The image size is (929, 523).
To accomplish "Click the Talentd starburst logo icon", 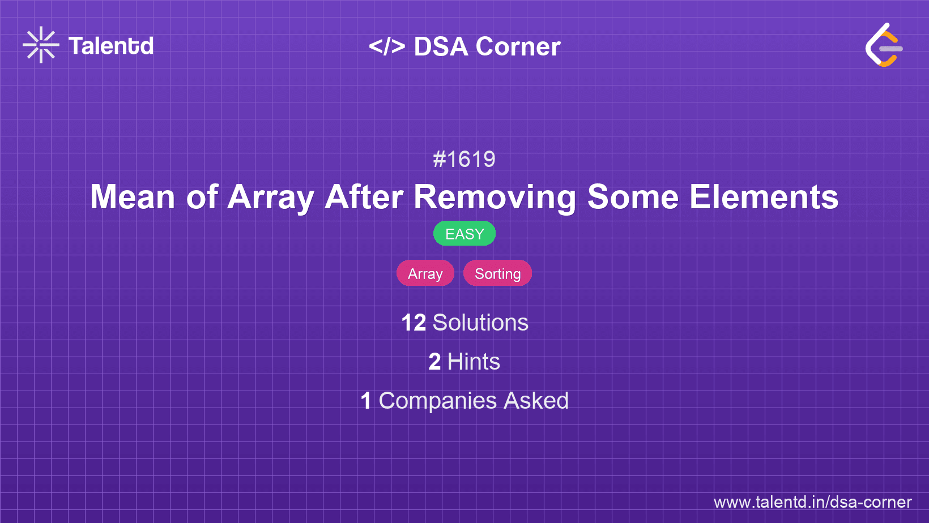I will (41, 45).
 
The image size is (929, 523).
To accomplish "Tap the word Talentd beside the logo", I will (111, 46).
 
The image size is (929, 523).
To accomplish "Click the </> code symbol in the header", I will (387, 46).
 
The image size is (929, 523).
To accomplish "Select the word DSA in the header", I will (441, 47).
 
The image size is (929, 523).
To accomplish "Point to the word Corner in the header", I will (518, 47).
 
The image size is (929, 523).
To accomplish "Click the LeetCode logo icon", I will (884, 45).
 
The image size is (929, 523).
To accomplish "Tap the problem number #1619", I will (464, 160).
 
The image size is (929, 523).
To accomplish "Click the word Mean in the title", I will (133, 197).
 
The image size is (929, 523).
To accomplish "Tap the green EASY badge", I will (464, 234).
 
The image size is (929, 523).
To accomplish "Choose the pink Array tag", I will (425, 273).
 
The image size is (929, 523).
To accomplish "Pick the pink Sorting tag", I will (497, 273).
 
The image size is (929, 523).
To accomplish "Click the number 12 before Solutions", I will (414, 323).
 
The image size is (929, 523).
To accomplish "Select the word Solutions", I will (480, 323).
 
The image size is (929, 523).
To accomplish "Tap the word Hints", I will (474, 362).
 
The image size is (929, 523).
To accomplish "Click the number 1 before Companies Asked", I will (366, 401).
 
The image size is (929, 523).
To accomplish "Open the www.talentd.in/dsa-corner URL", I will (812, 502).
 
